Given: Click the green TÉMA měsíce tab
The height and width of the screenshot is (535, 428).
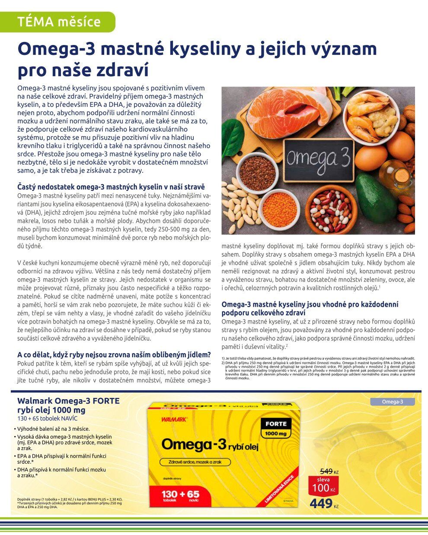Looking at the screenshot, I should pos(58,22).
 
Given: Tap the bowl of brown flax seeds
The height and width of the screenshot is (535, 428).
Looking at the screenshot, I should pos(257,172).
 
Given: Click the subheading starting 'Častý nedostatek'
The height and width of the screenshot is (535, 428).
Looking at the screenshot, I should pos(111,187).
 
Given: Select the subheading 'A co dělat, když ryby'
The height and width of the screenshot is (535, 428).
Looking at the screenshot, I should pos(114,354).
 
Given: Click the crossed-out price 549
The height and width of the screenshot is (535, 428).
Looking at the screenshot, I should pos(326,471).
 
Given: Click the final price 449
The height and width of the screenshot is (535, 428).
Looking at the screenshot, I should pos(321,503).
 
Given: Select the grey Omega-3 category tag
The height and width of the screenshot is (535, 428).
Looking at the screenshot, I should pos(392,402).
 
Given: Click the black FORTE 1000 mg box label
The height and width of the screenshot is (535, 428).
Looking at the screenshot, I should pos(276,428).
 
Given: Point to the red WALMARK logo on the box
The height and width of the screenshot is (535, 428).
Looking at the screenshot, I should pos(174,419).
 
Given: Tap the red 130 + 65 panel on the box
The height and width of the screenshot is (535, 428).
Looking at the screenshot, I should pos(181,497).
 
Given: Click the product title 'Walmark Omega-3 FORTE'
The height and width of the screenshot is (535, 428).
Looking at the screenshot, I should pos(68,401).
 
